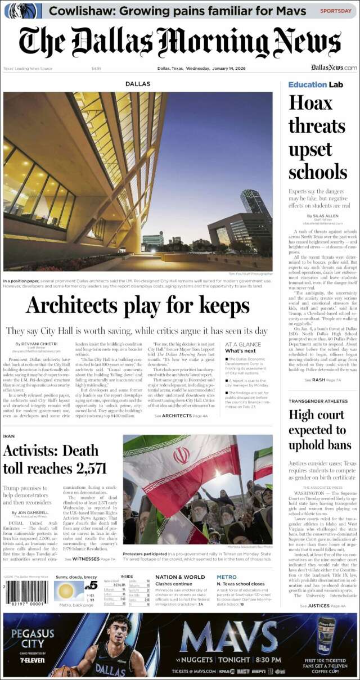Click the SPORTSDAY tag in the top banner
(336, 11)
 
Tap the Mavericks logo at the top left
(23, 11)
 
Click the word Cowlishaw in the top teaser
(78, 11)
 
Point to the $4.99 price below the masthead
(96, 69)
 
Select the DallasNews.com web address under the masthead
(334, 68)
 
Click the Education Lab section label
(316, 84)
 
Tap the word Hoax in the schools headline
(310, 103)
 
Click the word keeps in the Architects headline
(210, 305)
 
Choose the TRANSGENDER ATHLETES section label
(318, 401)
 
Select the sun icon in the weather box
(65, 592)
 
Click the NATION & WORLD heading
(180, 577)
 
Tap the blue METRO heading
(227, 577)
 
